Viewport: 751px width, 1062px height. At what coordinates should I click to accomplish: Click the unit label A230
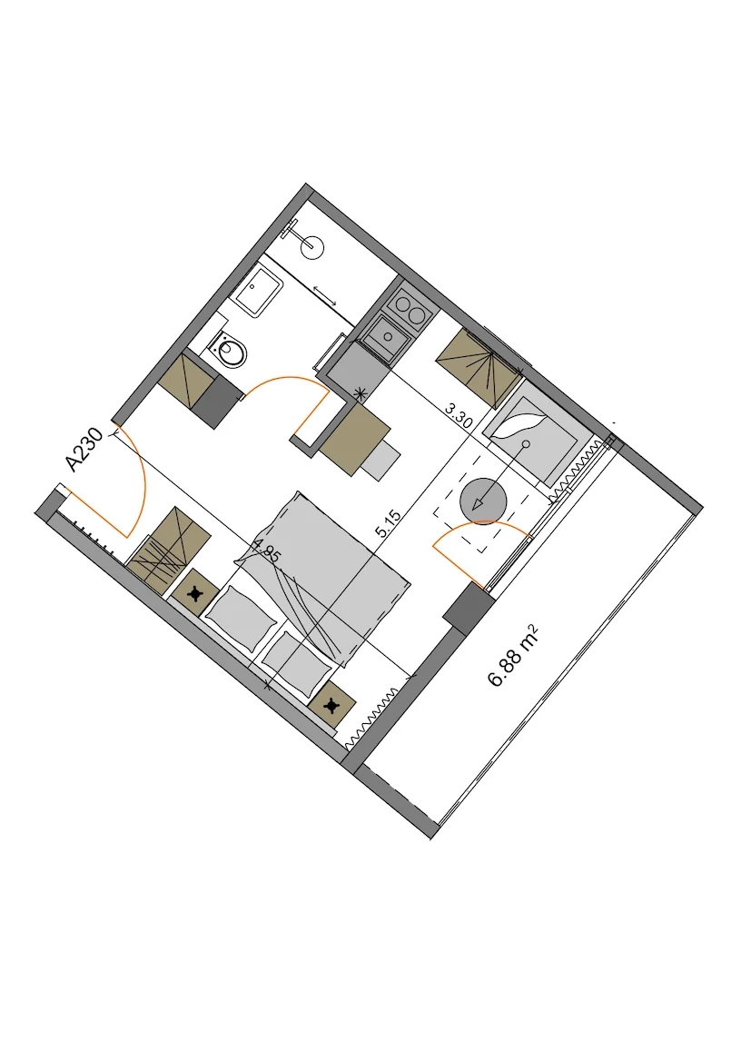[x=84, y=449]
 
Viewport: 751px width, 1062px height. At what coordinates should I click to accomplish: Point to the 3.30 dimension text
[x=459, y=414]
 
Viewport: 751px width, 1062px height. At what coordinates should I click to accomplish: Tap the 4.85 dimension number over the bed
[x=265, y=550]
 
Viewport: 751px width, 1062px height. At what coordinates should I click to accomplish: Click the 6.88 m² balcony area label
[x=515, y=656]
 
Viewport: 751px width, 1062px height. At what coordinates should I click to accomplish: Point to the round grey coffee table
[x=483, y=501]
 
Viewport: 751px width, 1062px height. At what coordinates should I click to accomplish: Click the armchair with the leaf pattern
[x=529, y=439]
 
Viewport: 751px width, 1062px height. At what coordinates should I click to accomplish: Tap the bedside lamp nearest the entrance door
[x=196, y=594]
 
